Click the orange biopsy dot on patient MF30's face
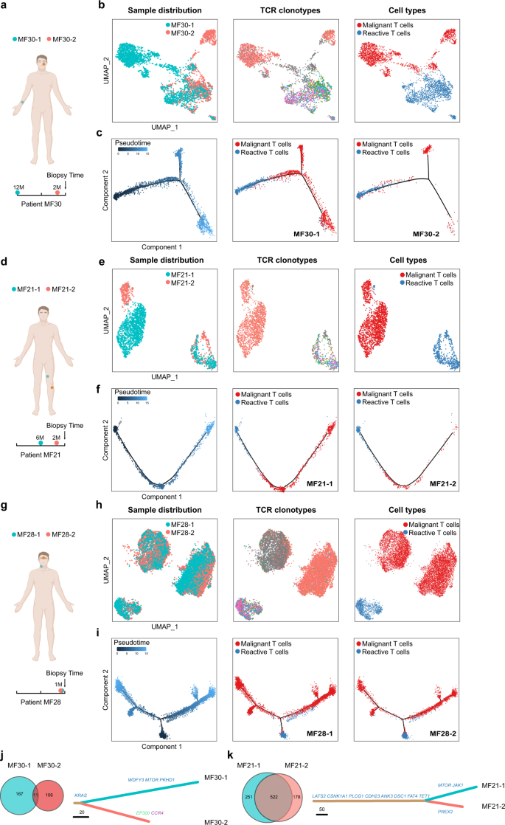click(44, 64)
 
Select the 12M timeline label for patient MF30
click(18, 188)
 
